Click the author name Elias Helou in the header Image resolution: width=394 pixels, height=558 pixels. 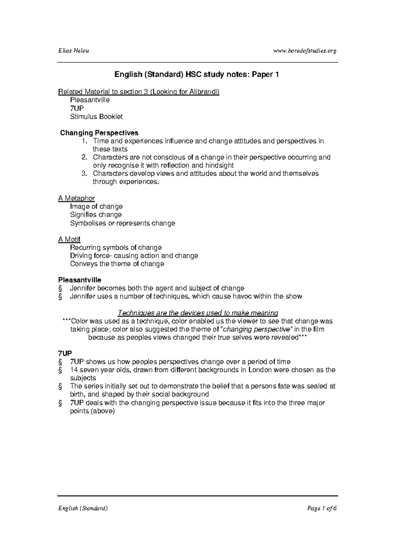click(74, 51)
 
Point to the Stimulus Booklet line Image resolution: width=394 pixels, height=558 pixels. click(96, 116)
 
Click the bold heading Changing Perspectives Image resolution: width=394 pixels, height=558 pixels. click(99, 133)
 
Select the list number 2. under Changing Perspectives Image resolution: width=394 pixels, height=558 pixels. click(85, 157)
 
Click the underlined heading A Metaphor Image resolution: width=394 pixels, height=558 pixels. click(77, 198)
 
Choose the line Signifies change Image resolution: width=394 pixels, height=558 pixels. click(96, 215)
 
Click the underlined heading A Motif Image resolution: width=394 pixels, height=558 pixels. click(69, 239)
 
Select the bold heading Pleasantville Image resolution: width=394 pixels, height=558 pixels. click(79, 280)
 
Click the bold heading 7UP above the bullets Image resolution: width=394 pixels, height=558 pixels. click(65, 354)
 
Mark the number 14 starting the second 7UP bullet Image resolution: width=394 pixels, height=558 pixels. click(74, 370)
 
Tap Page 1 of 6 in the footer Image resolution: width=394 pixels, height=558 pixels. click(322, 508)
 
